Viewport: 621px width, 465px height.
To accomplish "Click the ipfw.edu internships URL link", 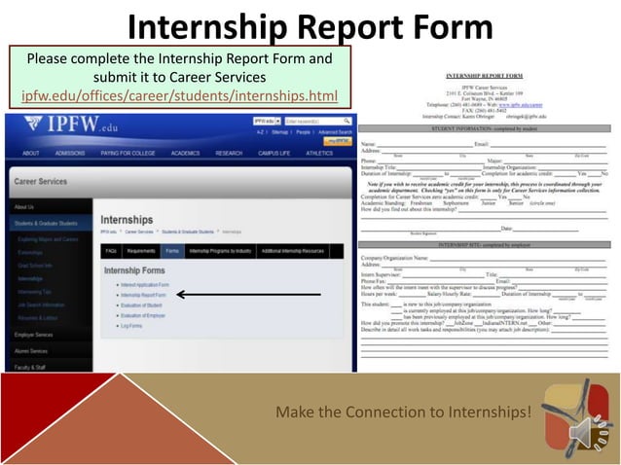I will pyautogui.click(x=179, y=95).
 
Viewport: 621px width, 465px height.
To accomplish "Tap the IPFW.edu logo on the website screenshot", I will pyautogui.click(x=58, y=126).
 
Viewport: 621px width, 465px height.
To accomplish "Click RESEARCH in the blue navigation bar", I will pyautogui.click(x=229, y=153).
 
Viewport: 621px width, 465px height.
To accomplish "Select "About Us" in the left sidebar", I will pyautogui.click(x=24, y=207).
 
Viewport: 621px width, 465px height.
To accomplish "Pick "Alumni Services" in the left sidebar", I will pyautogui.click(x=31, y=350).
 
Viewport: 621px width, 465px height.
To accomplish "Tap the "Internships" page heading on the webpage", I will pyautogui.click(x=127, y=220).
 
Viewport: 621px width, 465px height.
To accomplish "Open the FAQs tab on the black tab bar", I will pyautogui.click(x=111, y=250).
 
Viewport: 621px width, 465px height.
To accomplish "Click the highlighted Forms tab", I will pyautogui.click(x=172, y=250).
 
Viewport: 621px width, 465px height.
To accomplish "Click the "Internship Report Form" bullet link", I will pyautogui.click(x=143, y=294).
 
